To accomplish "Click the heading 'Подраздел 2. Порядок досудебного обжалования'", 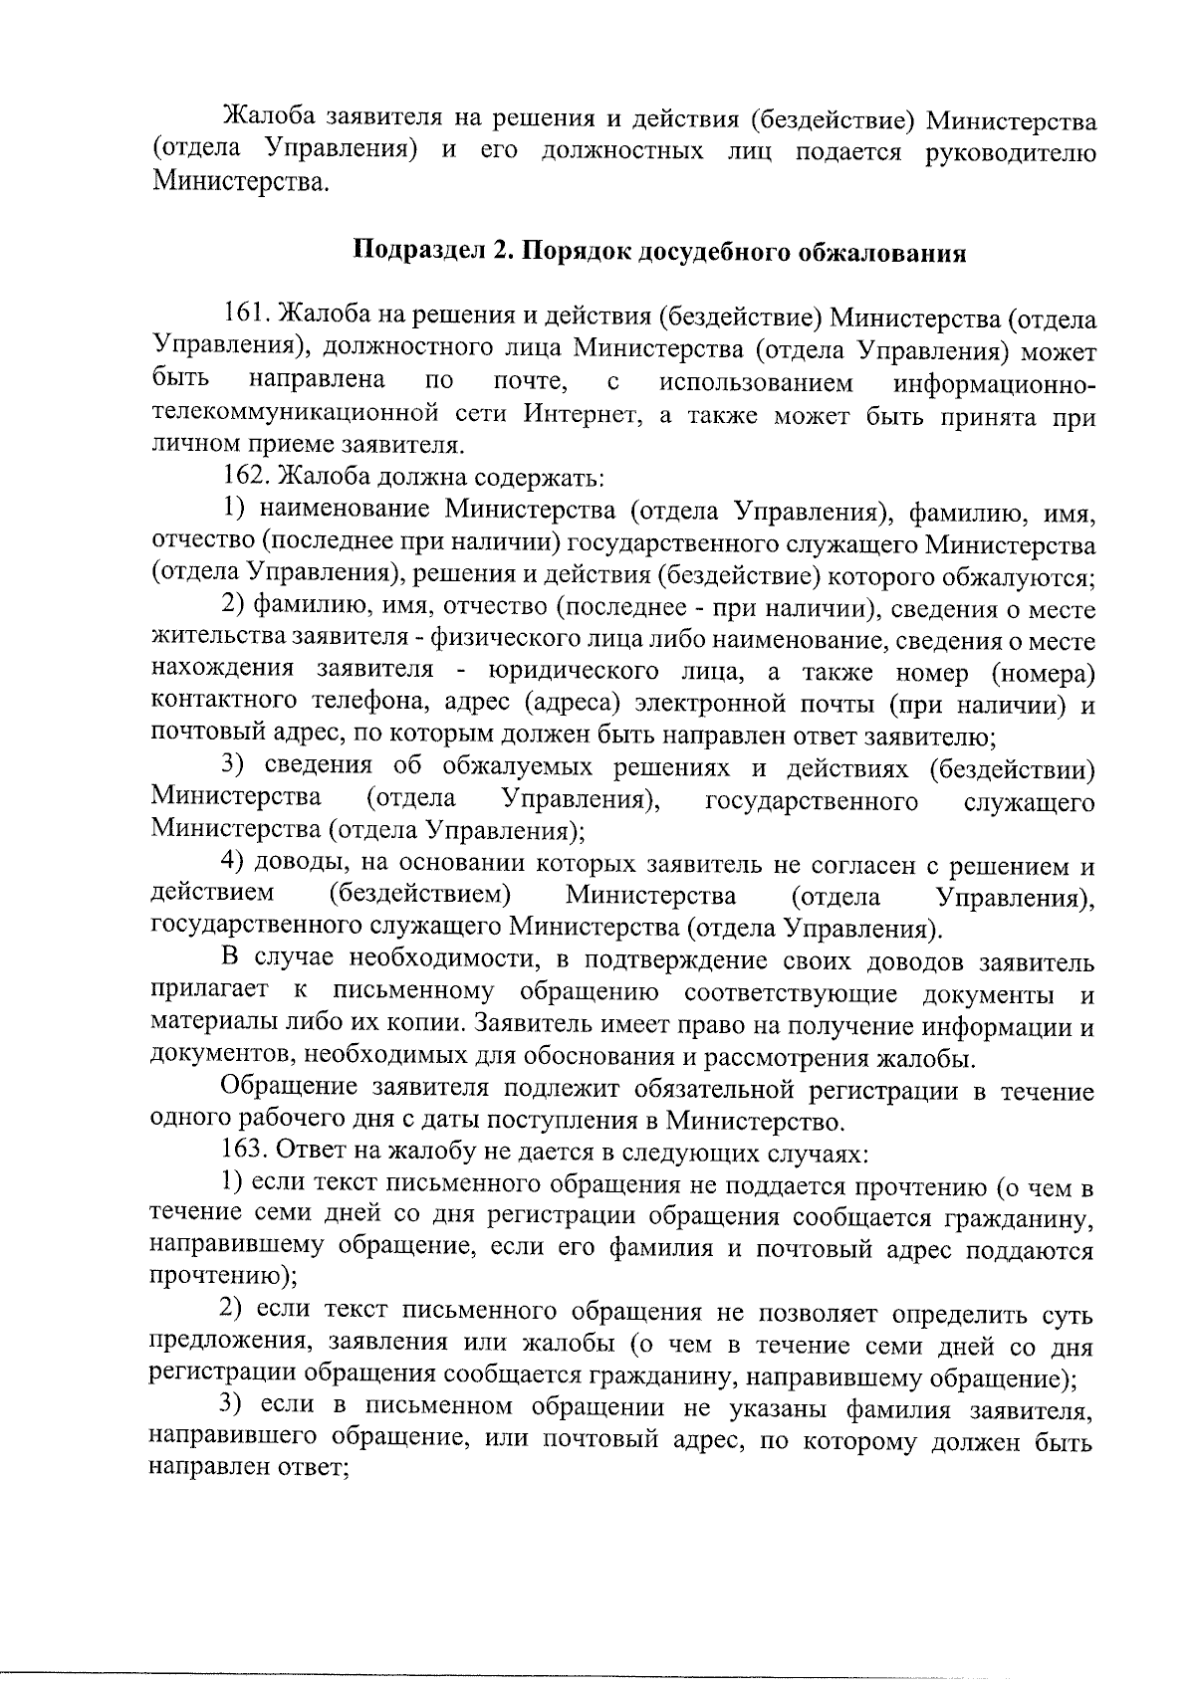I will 661,252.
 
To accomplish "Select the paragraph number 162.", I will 243,477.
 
